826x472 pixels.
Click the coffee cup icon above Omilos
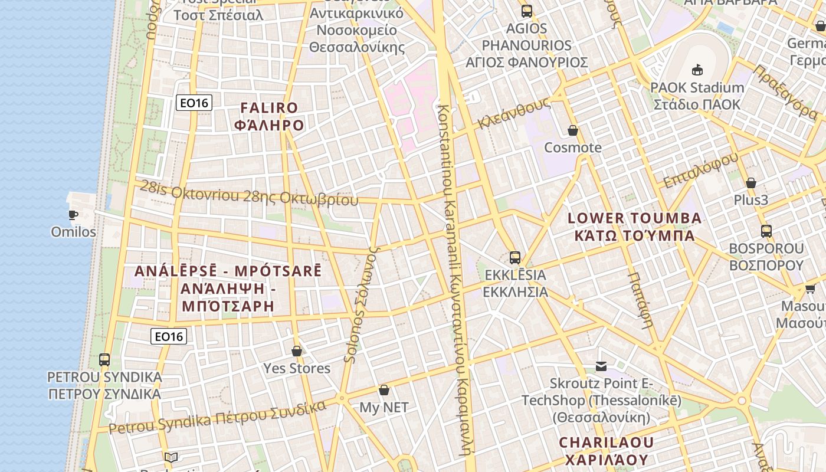point(73,215)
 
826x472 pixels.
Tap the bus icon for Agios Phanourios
point(527,11)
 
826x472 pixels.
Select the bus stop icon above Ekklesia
point(515,257)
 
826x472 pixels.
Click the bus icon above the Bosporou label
point(766,231)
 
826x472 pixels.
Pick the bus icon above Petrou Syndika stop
point(104,359)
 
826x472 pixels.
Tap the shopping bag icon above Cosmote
point(572,130)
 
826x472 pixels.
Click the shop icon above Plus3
point(751,183)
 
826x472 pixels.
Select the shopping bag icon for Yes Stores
point(297,351)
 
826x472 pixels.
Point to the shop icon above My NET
point(384,390)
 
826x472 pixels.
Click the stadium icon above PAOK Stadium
point(697,70)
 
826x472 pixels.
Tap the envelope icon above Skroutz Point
point(601,366)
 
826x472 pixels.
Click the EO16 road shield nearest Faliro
point(194,103)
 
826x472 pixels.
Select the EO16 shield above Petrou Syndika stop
point(169,336)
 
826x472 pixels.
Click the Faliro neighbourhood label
point(269,116)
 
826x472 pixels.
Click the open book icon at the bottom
point(171,458)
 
